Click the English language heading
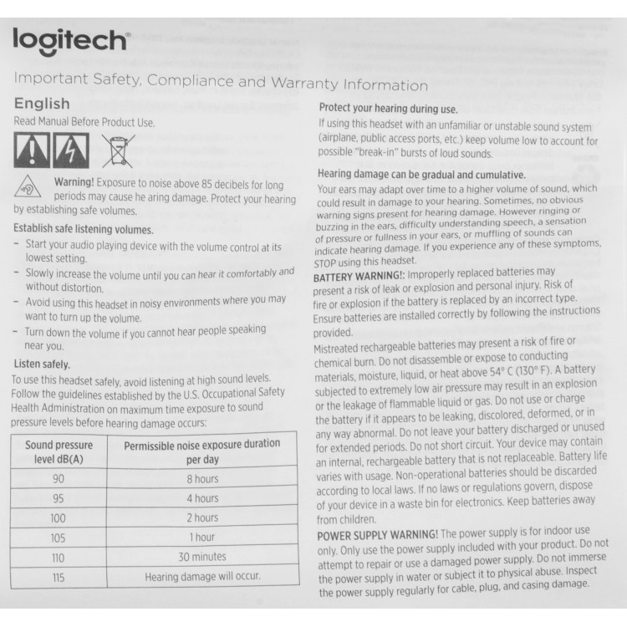[42, 104]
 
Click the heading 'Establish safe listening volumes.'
[84, 228]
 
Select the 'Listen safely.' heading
[43, 364]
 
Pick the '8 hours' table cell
[201, 480]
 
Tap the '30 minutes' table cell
[202, 556]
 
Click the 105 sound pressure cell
[58, 538]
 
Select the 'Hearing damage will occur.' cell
[202, 576]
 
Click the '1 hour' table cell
[201, 538]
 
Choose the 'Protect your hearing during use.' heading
[388, 110]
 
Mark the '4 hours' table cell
[201, 498]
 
